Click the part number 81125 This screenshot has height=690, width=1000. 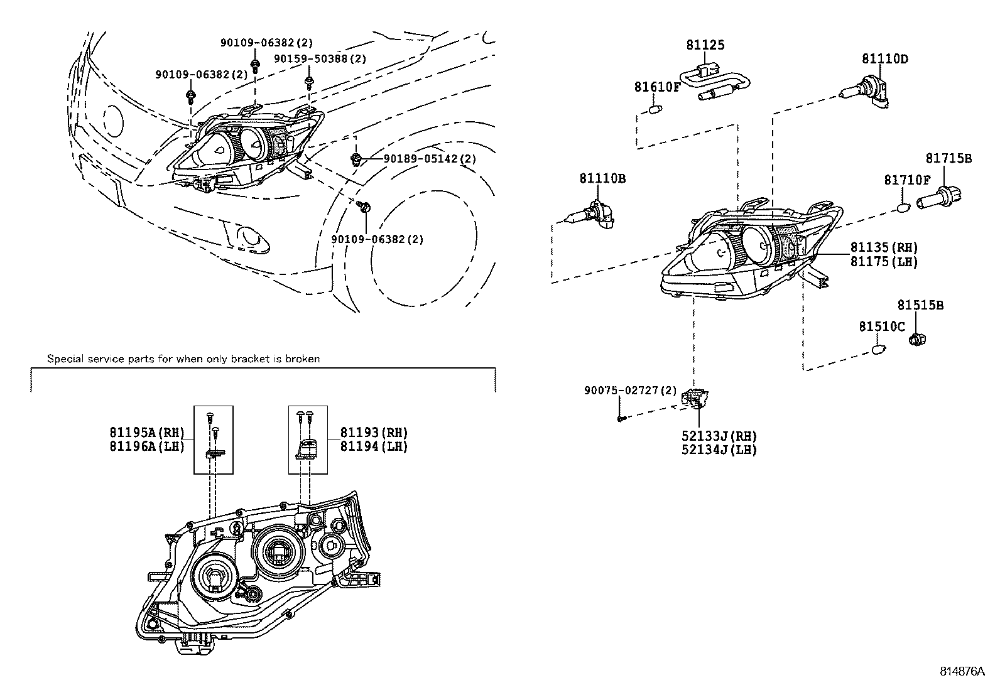pyautogui.click(x=705, y=45)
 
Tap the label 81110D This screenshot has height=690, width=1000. pyautogui.click(x=885, y=59)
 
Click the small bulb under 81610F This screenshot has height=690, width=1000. pyautogui.click(x=655, y=109)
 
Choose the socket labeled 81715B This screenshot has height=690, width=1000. pyautogui.click(x=938, y=197)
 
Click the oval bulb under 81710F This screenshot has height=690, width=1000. pyautogui.click(x=903, y=208)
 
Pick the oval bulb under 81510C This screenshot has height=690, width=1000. pyautogui.click(x=879, y=350)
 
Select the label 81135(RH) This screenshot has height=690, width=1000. pyautogui.click(x=884, y=247)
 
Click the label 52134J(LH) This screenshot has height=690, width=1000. pyautogui.click(x=719, y=450)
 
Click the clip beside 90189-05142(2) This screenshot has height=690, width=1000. pyautogui.click(x=356, y=158)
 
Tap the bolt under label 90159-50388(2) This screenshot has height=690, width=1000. pyautogui.click(x=308, y=82)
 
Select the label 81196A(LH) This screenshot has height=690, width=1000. pyautogui.click(x=148, y=446)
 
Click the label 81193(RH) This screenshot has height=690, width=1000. pyautogui.click(x=374, y=433)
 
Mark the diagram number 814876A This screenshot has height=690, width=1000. pyautogui.click(x=962, y=671)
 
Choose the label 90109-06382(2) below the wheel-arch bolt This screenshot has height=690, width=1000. pyautogui.click(x=378, y=239)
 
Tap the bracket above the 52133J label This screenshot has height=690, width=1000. pyautogui.click(x=695, y=399)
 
